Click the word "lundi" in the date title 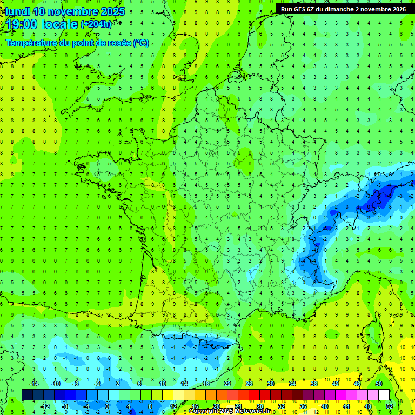17,11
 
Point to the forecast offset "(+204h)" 96,24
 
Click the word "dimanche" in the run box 341,9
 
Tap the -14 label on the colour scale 34,384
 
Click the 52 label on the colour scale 389,406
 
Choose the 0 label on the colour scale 106,406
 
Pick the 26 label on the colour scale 249,384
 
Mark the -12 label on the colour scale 45,406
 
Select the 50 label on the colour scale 379,384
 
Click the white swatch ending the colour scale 384,395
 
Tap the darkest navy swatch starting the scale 27,395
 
